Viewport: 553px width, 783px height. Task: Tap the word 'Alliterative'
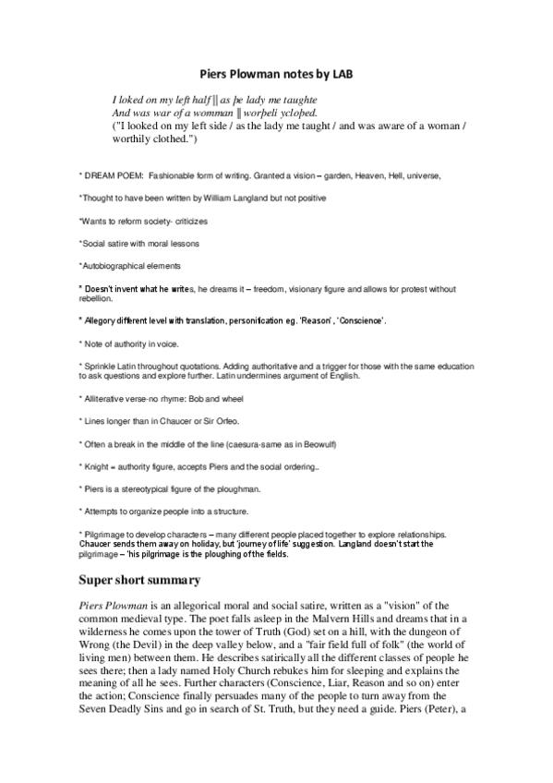106,399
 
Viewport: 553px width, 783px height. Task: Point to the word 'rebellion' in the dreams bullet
95,299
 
